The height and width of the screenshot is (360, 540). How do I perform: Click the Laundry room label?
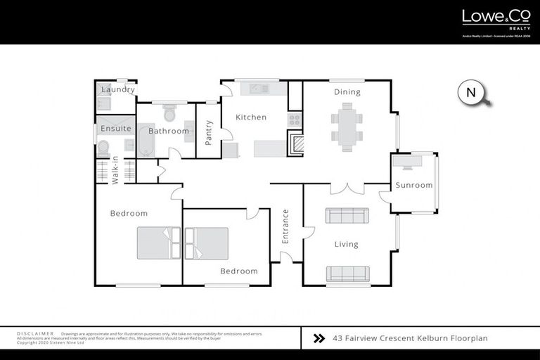tap(118, 90)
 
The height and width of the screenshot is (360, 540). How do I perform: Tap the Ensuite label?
tap(116, 129)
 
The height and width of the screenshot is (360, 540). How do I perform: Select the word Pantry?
tap(209, 133)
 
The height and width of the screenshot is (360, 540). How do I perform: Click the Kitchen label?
tap(251, 117)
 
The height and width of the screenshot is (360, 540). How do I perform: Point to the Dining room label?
tap(347, 92)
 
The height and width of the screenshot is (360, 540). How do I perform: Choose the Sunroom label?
tap(413, 186)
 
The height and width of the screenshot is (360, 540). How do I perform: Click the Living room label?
tap(346, 245)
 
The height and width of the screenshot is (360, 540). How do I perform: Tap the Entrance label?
tap(285, 226)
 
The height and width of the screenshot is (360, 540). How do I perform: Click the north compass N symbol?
tap(470, 92)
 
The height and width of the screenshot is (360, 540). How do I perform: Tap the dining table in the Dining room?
tap(347, 127)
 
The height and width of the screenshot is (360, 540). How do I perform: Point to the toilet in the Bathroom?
tap(169, 114)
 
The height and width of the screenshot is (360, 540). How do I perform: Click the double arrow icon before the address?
tap(319, 338)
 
